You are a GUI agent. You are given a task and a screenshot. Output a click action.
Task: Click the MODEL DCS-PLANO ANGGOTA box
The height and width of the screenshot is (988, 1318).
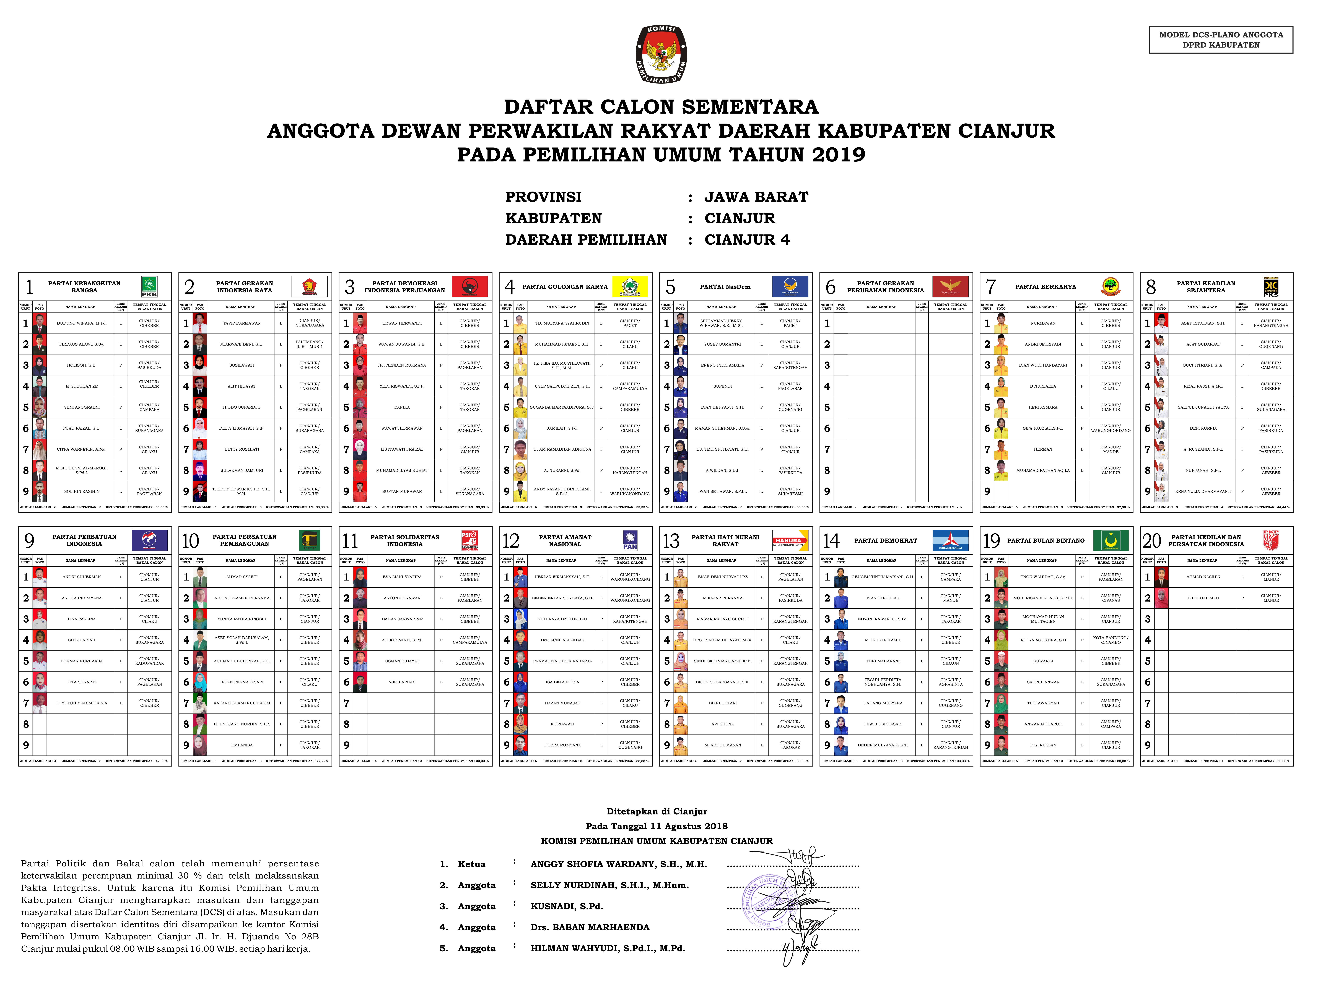1221,40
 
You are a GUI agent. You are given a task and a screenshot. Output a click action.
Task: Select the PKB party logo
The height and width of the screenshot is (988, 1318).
149,286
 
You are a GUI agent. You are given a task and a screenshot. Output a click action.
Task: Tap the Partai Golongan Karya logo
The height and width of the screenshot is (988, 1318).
630,286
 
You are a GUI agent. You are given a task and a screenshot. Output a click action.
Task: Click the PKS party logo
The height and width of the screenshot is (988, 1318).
1271,286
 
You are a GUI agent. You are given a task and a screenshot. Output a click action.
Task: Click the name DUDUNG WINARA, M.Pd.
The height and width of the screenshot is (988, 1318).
82,323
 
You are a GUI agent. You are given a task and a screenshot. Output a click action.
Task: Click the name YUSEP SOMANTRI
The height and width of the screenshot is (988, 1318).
722,344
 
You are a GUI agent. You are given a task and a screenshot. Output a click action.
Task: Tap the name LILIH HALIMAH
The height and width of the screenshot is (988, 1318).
1203,598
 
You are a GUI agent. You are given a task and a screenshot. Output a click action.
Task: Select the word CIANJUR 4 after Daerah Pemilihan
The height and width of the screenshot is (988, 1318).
747,239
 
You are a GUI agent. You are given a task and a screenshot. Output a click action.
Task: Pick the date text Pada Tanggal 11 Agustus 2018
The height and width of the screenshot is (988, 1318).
657,826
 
